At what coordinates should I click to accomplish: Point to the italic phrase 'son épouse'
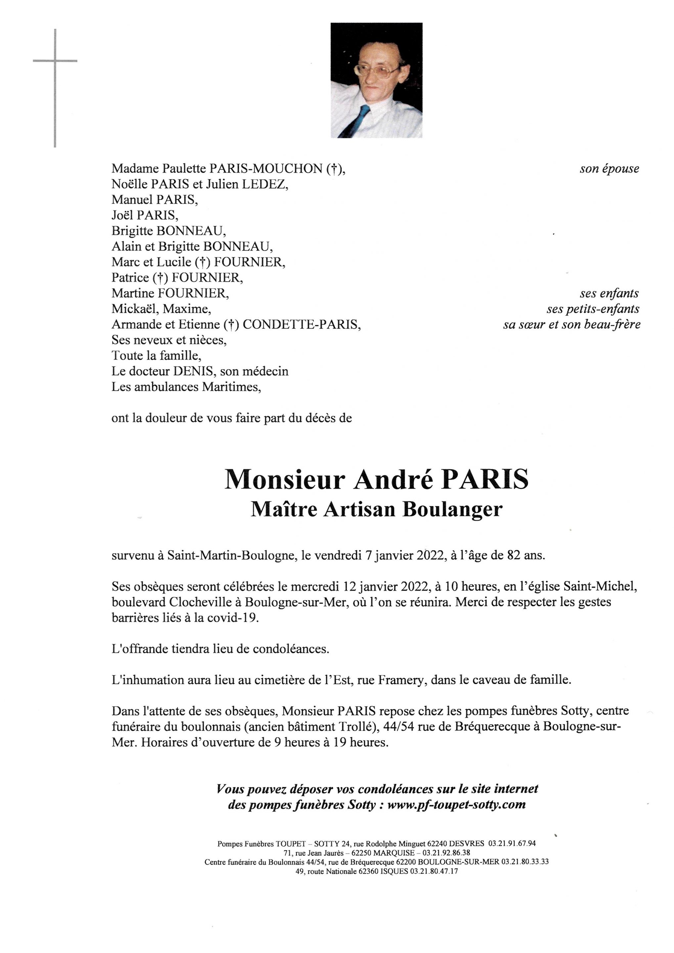tap(609, 168)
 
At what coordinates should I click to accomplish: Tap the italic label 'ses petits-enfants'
tap(593, 309)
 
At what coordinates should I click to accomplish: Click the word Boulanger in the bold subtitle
tap(452, 510)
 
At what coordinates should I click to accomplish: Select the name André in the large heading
tap(393, 480)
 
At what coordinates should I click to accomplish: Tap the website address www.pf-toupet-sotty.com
tap(456, 805)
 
